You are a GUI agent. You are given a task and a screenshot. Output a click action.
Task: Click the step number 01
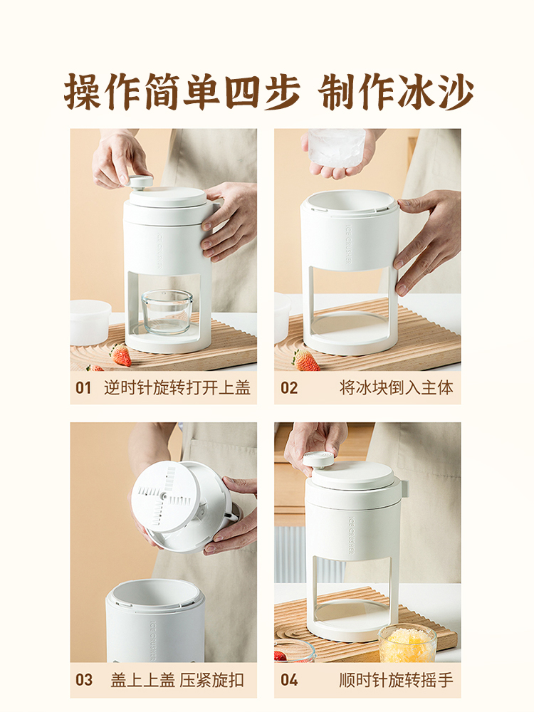83,388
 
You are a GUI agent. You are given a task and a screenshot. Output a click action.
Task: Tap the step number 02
289,388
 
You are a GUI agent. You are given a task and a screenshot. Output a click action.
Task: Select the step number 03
84,680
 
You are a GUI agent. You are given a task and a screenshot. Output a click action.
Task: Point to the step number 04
289,680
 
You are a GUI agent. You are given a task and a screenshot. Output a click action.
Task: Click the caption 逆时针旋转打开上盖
177,388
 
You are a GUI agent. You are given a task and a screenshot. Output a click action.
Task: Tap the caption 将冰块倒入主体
397,388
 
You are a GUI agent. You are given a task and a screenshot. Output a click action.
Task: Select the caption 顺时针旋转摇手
397,680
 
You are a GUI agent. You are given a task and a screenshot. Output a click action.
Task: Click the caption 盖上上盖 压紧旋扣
177,680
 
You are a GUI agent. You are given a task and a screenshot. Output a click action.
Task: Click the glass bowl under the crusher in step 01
167,312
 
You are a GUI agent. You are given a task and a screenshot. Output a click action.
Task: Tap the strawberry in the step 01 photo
121,355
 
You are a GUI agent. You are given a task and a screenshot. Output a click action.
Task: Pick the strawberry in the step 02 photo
306,360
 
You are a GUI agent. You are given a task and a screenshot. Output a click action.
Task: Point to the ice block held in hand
337,148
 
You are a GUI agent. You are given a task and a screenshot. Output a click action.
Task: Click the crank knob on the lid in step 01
140,182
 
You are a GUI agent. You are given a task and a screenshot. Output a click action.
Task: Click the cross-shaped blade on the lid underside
166,496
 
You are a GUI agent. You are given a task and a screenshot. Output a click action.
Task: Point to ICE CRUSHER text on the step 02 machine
348,245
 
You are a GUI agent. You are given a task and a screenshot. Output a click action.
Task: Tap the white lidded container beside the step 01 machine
90,322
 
